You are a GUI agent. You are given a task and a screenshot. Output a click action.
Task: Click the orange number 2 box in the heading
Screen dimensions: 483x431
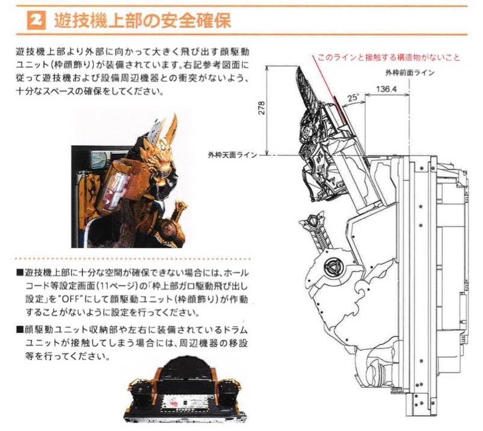coord(36,20)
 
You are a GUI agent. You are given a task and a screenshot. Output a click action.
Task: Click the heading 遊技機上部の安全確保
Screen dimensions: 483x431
coord(143,20)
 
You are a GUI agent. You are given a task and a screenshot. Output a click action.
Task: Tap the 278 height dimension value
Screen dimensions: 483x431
coord(261,108)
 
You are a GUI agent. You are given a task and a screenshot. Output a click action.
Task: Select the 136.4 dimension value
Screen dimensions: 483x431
coord(387,90)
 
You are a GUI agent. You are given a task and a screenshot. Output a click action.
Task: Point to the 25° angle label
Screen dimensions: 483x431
coord(353,98)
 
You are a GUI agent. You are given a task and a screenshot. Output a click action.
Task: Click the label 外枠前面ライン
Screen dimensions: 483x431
coord(410,73)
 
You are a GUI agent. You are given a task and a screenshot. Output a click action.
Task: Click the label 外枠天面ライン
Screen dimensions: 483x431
coord(233,155)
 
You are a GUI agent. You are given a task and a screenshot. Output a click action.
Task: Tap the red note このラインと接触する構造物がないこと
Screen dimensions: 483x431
coord(389,58)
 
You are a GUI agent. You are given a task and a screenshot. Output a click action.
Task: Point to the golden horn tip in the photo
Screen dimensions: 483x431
coord(176,115)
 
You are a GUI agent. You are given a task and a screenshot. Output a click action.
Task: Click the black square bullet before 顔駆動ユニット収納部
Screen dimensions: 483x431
coord(20,330)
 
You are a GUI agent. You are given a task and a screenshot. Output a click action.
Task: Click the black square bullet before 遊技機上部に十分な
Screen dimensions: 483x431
coord(20,273)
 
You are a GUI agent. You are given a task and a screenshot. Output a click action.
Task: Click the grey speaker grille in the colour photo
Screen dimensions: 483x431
coord(99,159)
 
